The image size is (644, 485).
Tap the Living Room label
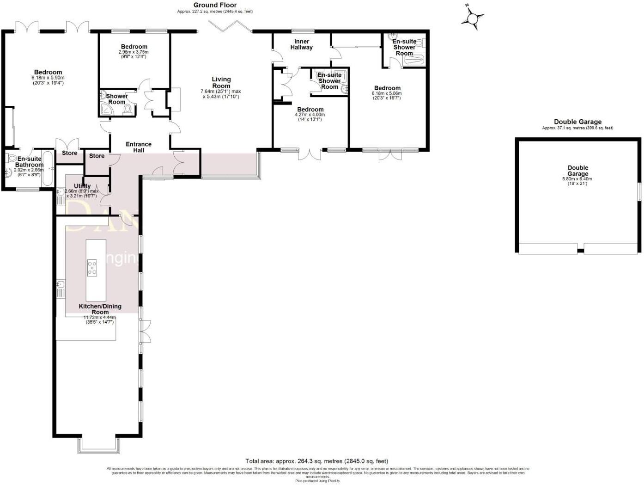(x=221, y=82)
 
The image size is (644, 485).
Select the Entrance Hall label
(x=139, y=147)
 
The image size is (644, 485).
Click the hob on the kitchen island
(x=92, y=268)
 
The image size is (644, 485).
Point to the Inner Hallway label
(x=301, y=44)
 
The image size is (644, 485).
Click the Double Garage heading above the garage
(x=577, y=122)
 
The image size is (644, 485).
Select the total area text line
(x=317, y=461)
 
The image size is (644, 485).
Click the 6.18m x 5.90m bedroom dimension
(x=48, y=78)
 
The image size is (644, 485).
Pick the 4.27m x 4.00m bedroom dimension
(x=310, y=115)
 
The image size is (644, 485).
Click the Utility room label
(x=82, y=186)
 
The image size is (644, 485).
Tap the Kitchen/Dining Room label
(x=100, y=309)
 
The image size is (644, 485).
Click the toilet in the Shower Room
(x=128, y=110)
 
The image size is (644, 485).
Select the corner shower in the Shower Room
(x=105, y=110)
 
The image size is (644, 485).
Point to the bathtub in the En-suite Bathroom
(x=47, y=168)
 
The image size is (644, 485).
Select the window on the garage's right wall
(x=640, y=192)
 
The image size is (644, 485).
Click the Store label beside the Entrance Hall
(x=97, y=156)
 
